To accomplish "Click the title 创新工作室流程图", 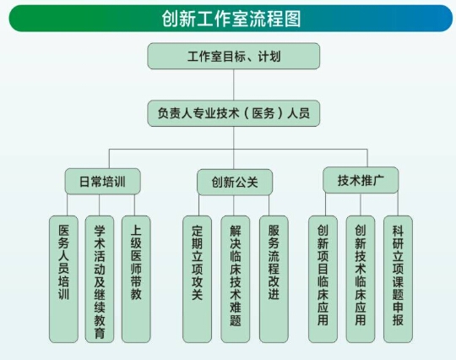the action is pos(231,19).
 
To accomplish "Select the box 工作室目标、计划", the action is pos(234,56).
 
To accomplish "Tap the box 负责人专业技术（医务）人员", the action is pos(234,113).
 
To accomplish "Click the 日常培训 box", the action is pos(103,182).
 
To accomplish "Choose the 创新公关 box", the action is pos(235,183).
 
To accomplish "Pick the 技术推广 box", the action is pos(361,180).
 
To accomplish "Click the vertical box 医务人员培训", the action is pos(63,279).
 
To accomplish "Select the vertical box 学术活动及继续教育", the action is pos(100,279).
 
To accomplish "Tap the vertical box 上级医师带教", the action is pos(136,279).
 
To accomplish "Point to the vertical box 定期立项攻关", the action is pos(197,279).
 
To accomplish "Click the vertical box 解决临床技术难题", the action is pos(236,279).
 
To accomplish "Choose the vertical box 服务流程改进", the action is pos(274,279).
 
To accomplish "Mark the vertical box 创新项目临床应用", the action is pos(323,279).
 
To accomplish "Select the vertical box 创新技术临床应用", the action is pos(361,279).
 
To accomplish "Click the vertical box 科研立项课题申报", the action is pos(398,279).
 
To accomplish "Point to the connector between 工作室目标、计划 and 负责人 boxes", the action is pos(234,85).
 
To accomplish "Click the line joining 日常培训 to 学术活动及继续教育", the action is pos(99,205).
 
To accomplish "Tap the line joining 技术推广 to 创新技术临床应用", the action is pos(361,205).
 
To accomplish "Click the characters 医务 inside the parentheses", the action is pos(263,113).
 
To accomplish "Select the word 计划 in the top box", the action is pos(269,56).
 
